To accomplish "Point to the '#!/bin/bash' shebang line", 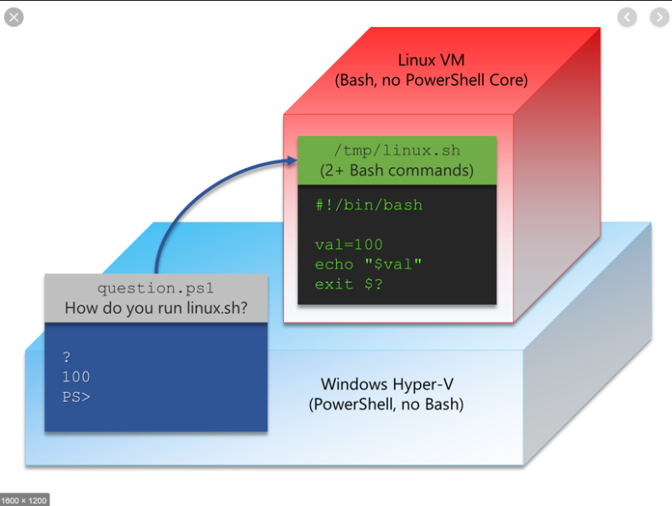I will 369,205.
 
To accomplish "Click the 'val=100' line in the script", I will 349,244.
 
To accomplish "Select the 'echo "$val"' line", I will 368,263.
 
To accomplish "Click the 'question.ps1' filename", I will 156,288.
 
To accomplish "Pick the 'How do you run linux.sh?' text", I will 156,308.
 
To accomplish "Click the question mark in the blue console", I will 66,357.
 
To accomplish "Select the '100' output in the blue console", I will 76,377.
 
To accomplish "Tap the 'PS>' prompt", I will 76,396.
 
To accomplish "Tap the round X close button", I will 14,17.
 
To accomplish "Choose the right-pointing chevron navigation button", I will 655,17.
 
